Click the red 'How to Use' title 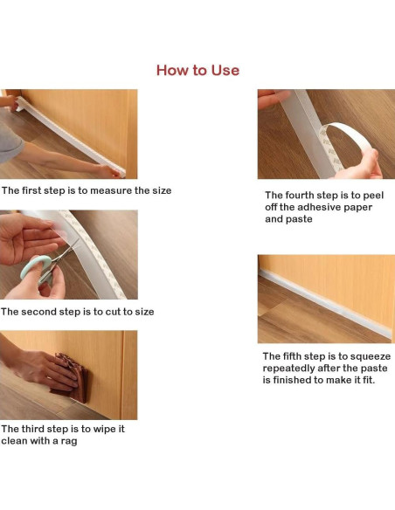(x=197, y=70)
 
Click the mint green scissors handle (x=35, y=266)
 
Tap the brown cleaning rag (x=73, y=377)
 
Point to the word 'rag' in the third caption (x=69, y=442)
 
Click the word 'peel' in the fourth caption (x=373, y=195)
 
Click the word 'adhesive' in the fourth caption (x=318, y=207)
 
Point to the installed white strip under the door (x=325, y=303)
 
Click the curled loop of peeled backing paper (x=345, y=143)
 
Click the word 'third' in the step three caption (x=32, y=429)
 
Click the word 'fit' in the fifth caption (x=369, y=380)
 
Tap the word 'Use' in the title (x=225, y=70)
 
